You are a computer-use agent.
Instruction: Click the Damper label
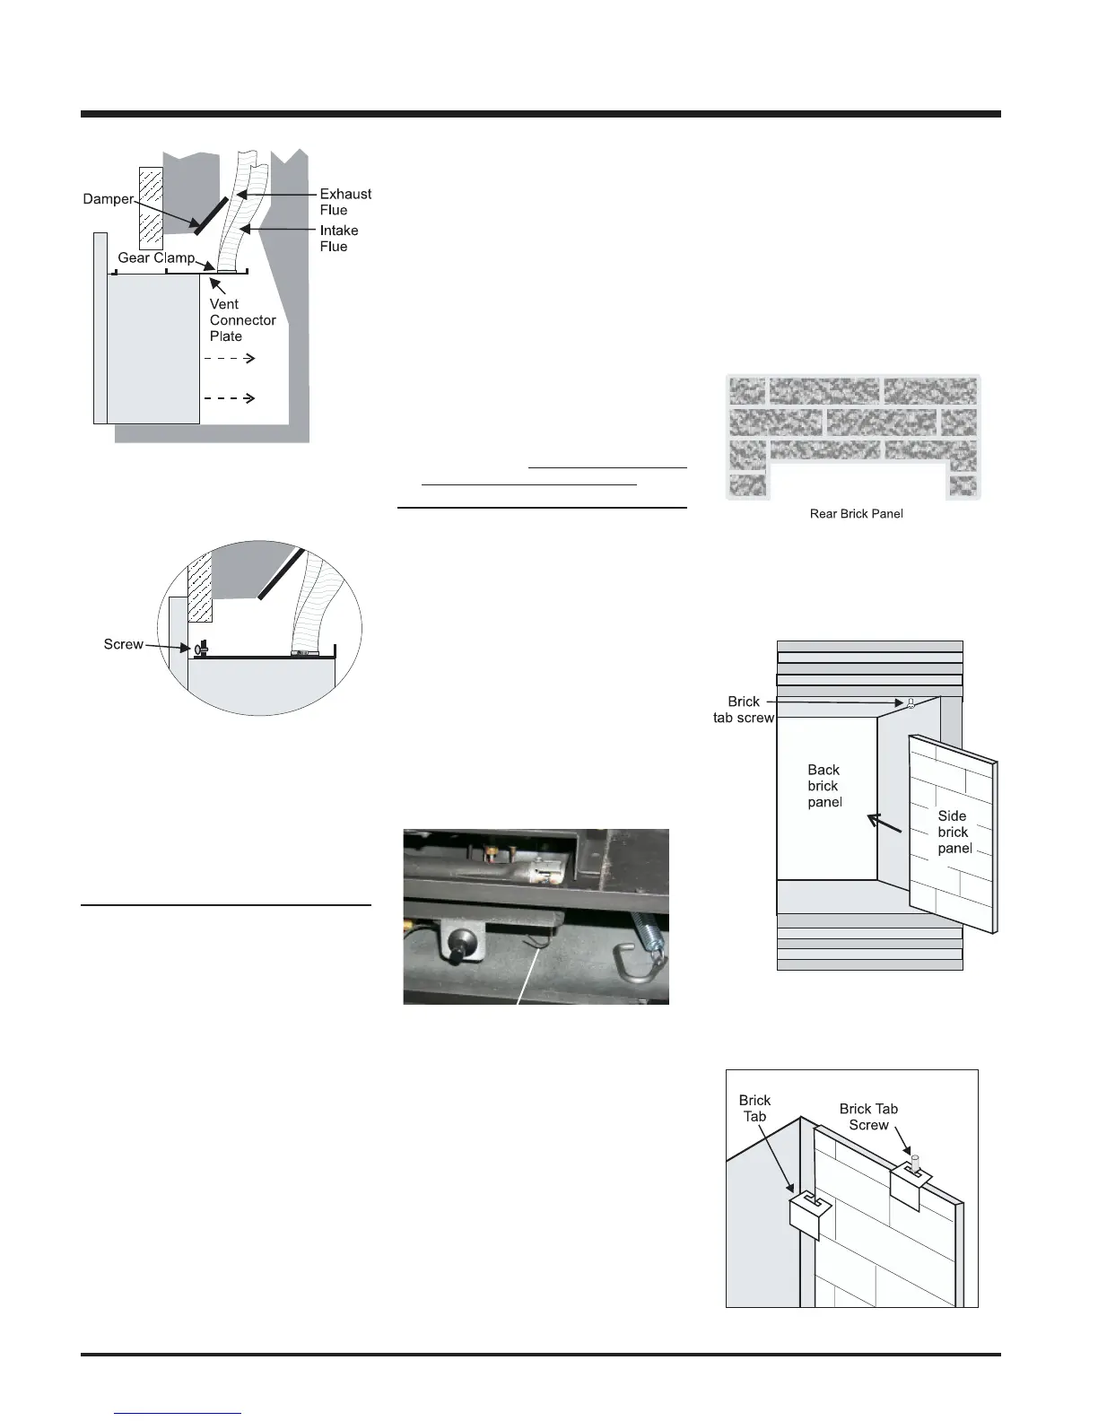109,199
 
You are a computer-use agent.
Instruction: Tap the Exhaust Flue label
345,202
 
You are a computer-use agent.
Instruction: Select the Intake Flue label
338,239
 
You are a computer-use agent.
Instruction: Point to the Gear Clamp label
156,258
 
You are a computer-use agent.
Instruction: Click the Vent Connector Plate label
242,320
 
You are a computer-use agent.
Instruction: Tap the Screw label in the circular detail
124,644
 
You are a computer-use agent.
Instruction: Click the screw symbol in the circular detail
198,649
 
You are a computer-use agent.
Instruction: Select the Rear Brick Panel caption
856,514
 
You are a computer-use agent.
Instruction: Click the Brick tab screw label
744,710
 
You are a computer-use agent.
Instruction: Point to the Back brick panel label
824,786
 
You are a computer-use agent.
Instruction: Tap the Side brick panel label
954,832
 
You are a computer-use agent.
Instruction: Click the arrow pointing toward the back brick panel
883,823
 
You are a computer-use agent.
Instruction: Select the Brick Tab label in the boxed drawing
754,1108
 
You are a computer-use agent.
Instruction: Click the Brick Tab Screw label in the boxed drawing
868,1117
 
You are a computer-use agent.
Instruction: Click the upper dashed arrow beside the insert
231,358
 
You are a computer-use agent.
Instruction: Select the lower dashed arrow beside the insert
231,398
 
